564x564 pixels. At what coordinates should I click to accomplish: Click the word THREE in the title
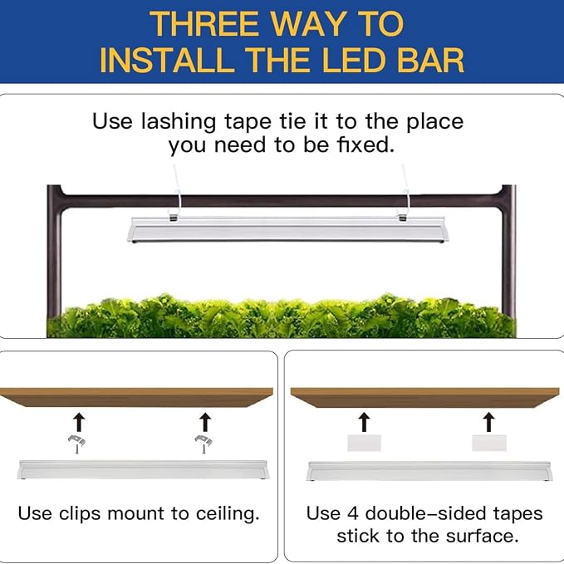[x=204, y=24]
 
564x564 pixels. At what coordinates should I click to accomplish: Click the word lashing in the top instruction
[x=178, y=122]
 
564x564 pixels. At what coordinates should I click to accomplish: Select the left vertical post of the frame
[x=54, y=252]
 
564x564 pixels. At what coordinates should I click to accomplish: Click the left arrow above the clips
[x=79, y=422]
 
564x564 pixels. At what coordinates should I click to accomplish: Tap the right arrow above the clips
[x=205, y=422]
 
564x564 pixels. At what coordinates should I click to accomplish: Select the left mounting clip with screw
[x=76, y=444]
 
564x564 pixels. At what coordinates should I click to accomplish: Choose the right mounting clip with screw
[x=204, y=444]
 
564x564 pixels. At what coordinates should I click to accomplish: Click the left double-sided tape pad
[x=364, y=444]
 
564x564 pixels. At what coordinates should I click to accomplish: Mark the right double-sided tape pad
[x=488, y=443]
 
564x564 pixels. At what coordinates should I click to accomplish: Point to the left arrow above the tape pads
[x=365, y=422]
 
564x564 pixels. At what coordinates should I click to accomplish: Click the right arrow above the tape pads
[x=488, y=422]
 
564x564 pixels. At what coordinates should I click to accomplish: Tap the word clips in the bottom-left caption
[x=80, y=514]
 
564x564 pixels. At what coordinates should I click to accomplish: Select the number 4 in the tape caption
[x=353, y=513]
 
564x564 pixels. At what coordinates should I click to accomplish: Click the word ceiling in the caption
[x=228, y=514]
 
